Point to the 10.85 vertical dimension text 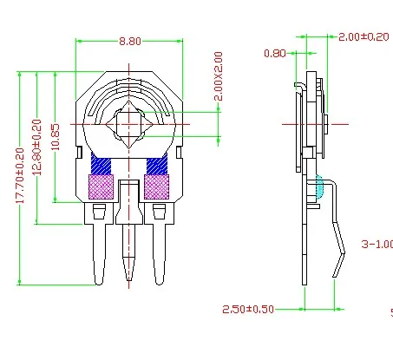56,137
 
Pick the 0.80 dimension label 274,53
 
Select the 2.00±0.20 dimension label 364,36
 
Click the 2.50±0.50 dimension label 248,309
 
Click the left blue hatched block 102,164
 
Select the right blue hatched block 157,164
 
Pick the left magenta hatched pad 102,187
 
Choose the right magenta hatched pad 157,187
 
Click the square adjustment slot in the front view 129,125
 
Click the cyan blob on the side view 318,185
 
